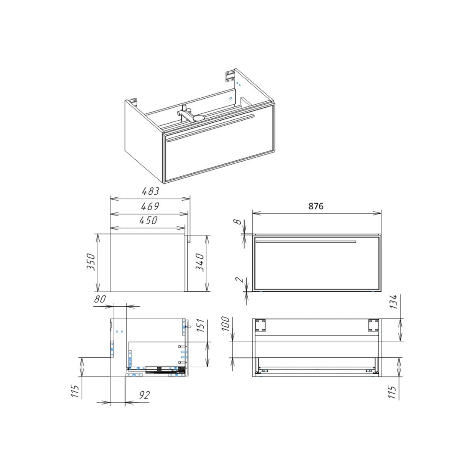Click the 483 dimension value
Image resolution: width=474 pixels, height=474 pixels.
(x=150, y=191)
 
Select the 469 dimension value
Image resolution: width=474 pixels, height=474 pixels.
(x=150, y=206)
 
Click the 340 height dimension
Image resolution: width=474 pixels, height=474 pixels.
(x=200, y=262)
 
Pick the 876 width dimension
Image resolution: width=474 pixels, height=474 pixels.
(x=316, y=206)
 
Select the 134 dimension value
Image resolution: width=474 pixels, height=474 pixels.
(x=393, y=302)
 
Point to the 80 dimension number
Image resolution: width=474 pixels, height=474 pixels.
(x=100, y=299)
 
